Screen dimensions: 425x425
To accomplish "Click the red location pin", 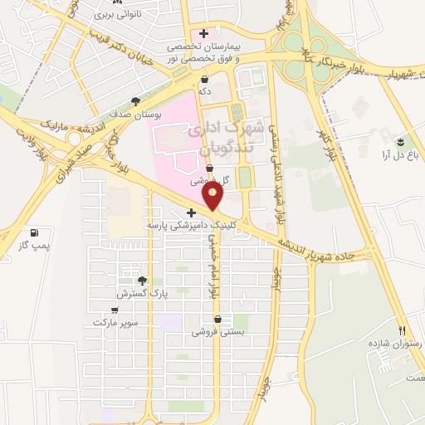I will coord(213,196).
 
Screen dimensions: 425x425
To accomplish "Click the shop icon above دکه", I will coord(204,79).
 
